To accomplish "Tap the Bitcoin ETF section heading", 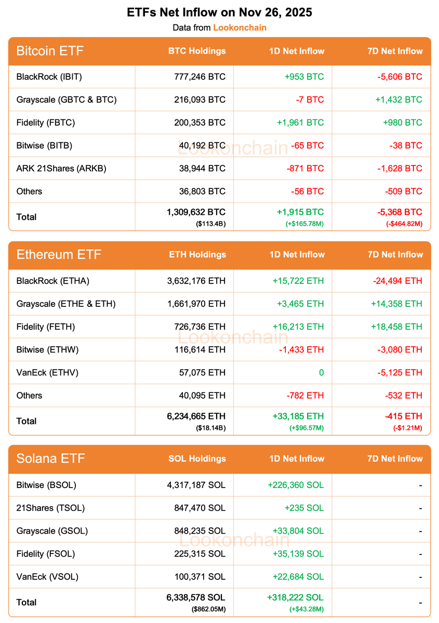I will point(50,51).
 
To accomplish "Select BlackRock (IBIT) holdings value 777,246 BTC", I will point(200,77).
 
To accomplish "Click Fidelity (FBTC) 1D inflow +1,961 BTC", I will point(304,123).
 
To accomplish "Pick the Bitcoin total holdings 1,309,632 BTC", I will point(196,212).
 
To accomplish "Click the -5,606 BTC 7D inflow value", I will point(400,77).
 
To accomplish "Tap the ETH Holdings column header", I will point(197,254).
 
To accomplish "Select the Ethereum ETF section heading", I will point(59,254).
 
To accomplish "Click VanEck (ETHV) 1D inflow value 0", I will point(321,372).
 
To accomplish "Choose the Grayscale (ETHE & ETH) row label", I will point(66,304).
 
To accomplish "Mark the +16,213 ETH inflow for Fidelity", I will point(298,327).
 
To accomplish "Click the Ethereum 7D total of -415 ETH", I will point(403,416).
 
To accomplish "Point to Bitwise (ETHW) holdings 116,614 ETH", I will point(200,349).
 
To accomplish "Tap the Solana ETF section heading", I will point(50,458).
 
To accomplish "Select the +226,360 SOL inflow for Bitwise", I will point(296,485).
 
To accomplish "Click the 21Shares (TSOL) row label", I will point(50,508).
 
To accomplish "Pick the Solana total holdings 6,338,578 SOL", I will point(196,598).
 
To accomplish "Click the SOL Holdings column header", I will point(197,458).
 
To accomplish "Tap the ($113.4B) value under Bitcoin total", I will point(210,224).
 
